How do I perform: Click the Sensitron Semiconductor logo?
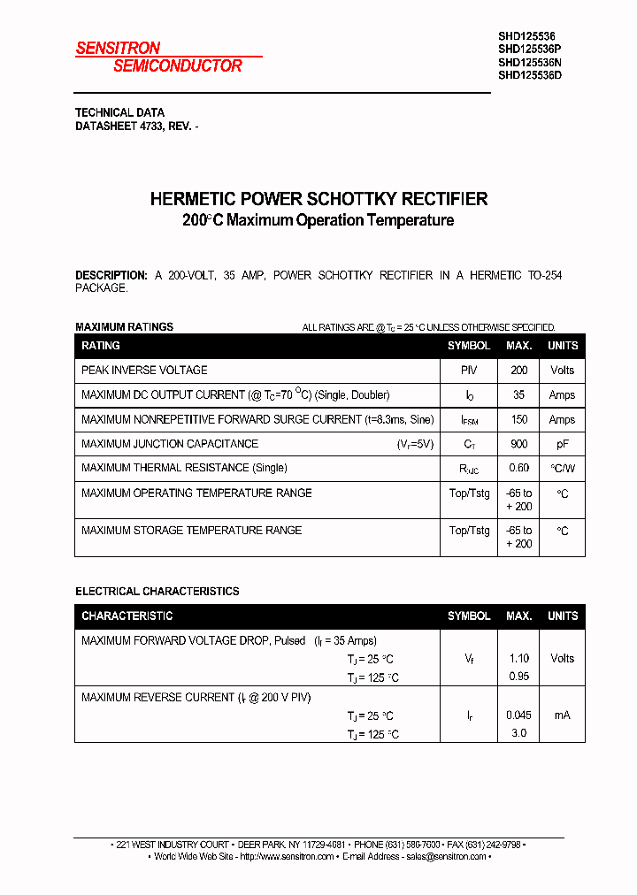[x=159, y=57]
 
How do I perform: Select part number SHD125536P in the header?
[x=529, y=50]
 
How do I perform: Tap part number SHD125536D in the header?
[x=529, y=75]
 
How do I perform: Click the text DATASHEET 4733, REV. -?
[x=136, y=126]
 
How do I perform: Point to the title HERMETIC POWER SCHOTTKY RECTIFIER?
[x=318, y=199]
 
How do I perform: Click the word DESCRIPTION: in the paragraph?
[x=111, y=276]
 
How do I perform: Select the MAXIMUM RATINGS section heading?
[x=124, y=327]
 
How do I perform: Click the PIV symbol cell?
[x=469, y=371]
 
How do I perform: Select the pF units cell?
[x=562, y=444]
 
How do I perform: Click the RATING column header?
[x=101, y=346]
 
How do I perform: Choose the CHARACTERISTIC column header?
[x=127, y=616]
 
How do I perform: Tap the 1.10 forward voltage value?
[x=518, y=659]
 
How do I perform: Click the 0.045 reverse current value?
[x=518, y=715]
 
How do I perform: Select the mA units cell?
[x=562, y=715]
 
